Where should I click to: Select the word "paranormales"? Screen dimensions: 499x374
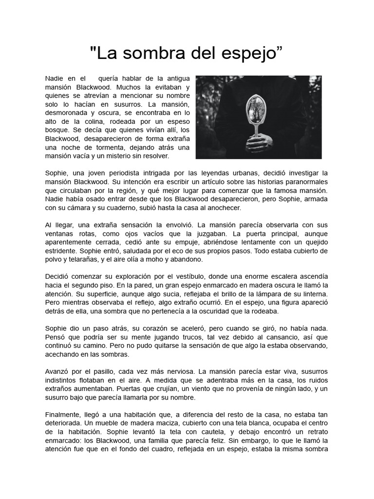(x=305, y=182)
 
